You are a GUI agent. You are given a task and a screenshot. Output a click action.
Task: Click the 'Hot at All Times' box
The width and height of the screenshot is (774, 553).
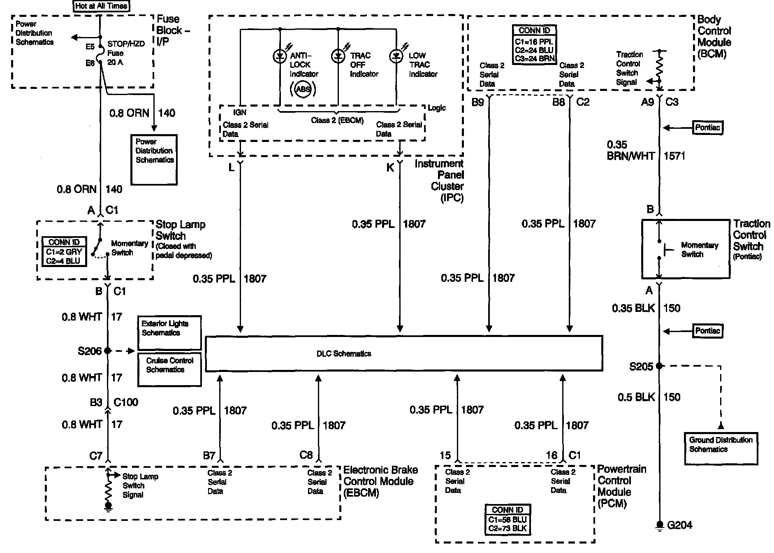(101, 6)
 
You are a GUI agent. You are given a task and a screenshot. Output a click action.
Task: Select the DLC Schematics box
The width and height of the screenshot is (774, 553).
(403, 353)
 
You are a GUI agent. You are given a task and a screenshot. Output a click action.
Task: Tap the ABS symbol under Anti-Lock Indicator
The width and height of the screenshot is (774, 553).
(303, 89)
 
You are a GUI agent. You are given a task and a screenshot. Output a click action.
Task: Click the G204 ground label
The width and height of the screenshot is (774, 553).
(679, 525)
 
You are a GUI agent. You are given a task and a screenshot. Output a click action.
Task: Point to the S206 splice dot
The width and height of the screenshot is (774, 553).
(108, 351)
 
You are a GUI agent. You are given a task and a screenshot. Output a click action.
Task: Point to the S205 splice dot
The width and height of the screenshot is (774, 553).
(659, 365)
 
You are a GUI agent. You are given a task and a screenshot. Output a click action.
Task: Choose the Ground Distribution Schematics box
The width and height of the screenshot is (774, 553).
(721, 448)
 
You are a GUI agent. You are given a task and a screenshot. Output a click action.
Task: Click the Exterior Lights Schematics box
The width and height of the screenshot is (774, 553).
(169, 332)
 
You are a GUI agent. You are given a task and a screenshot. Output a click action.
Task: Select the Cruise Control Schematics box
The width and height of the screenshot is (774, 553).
(169, 369)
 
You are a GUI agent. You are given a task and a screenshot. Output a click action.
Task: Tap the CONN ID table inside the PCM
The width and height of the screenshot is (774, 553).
(508, 520)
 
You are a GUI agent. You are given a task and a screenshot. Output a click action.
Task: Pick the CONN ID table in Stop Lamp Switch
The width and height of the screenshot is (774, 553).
(64, 251)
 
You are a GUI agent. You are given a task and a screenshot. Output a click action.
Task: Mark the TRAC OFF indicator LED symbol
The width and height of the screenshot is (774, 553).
(338, 56)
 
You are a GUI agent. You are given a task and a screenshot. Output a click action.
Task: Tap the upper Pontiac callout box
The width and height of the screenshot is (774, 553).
(707, 128)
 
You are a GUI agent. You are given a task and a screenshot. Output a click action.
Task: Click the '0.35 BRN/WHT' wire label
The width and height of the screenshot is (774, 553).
(630, 150)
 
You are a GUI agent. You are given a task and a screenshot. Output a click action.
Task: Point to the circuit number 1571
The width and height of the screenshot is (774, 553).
(674, 156)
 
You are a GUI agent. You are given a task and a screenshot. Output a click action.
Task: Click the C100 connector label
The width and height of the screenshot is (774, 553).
(126, 402)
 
